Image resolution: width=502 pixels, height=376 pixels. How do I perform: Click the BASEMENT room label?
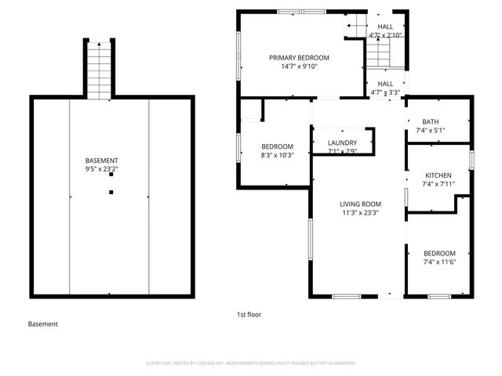pyautogui.click(x=102, y=160)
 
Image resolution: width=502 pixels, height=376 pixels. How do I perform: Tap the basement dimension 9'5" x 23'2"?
pyautogui.click(x=102, y=168)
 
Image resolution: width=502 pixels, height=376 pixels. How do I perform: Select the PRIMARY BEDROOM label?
pyautogui.click(x=299, y=58)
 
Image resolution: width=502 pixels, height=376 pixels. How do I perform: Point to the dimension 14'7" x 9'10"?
pyautogui.click(x=299, y=67)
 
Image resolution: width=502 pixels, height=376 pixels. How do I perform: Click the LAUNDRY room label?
pyautogui.click(x=342, y=143)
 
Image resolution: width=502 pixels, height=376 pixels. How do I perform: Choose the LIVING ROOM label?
pyautogui.click(x=360, y=204)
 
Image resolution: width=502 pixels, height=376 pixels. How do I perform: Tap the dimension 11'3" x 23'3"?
pyautogui.click(x=360, y=212)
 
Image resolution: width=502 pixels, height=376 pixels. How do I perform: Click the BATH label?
pyautogui.click(x=430, y=122)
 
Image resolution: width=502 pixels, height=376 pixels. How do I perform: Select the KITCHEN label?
pyautogui.click(x=438, y=175)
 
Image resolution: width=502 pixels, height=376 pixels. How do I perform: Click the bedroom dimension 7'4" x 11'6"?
pyautogui.click(x=439, y=262)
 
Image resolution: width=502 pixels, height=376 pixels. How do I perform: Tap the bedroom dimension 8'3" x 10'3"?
pyautogui.click(x=277, y=155)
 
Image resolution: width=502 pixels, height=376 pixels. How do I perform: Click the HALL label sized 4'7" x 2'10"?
pyautogui.click(x=385, y=26)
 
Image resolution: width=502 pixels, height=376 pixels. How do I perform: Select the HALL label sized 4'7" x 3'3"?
pyautogui.click(x=385, y=84)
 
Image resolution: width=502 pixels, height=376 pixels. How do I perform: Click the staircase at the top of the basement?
pyautogui.click(x=99, y=70)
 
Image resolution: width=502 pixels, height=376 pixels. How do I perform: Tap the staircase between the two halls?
pyautogui.click(x=379, y=55)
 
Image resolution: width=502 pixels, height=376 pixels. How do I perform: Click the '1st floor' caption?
pyautogui.click(x=249, y=314)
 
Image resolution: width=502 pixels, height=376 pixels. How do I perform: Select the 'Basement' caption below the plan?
pyautogui.click(x=42, y=324)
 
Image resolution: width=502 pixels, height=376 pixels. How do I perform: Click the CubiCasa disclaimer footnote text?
pyautogui.click(x=251, y=363)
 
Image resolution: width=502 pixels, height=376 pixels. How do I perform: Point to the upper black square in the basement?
pyautogui.click(x=111, y=175)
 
